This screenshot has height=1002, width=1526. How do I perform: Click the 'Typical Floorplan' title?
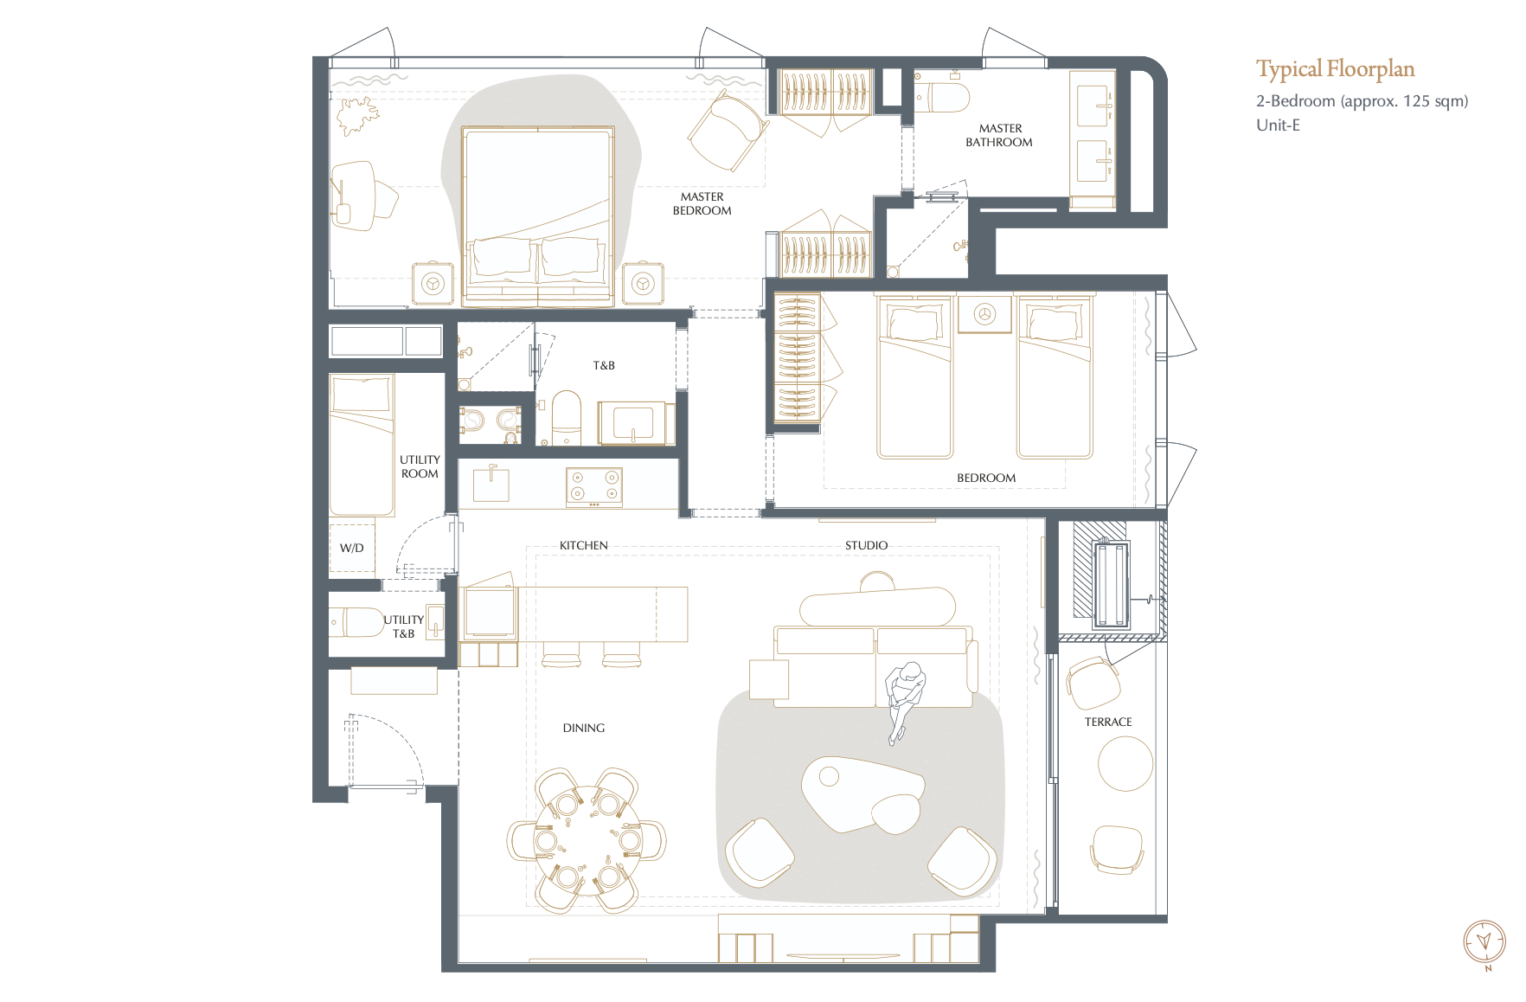click(1335, 69)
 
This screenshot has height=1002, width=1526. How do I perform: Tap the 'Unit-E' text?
click(1278, 125)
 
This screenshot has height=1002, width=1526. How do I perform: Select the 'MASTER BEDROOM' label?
click(702, 203)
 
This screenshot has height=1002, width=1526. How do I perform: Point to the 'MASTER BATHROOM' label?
click(999, 135)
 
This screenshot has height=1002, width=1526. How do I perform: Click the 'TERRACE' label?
click(1108, 722)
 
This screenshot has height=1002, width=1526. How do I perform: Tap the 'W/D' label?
click(351, 548)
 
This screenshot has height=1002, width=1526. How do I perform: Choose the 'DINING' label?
click(584, 728)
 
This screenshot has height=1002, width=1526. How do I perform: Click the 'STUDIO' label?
click(866, 545)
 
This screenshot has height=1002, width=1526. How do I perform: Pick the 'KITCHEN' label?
click(584, 545)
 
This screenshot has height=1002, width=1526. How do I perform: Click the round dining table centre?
click(587, 839)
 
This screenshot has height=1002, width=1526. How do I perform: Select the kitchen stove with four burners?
click(594, 486)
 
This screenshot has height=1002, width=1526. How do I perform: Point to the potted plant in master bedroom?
click(358, 115)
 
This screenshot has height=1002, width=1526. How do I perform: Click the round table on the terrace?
click(1125, 763)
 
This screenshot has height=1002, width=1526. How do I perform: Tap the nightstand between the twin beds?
click(984, 314)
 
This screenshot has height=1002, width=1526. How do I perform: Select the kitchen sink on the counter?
click(490, 485)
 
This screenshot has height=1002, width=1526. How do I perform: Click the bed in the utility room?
click(362, 445)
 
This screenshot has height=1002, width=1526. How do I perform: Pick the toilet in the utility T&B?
click(357, 621)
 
